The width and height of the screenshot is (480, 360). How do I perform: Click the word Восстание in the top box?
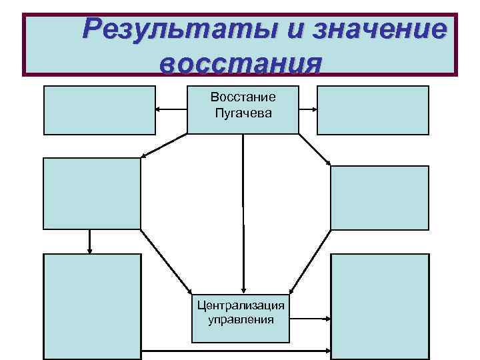243,97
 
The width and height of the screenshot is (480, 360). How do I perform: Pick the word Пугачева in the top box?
243,113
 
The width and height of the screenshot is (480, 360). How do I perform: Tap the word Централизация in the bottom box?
241,305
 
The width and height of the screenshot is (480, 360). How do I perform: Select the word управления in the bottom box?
241,320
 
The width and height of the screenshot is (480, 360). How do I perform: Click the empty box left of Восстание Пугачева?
99,110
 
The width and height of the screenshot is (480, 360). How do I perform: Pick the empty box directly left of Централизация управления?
93,307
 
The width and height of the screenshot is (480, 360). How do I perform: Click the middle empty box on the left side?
93,193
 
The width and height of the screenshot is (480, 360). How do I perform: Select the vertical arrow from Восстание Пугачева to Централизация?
243,213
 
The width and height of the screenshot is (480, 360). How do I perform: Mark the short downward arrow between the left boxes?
89,241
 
